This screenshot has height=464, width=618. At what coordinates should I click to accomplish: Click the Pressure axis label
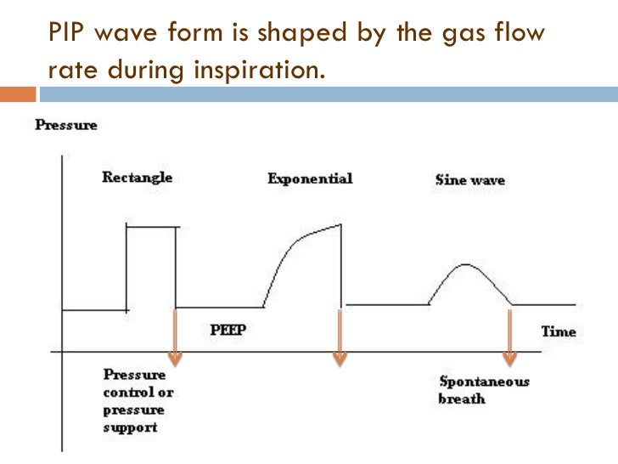(x=65, y=125)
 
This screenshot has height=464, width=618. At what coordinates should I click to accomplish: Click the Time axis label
(x=559, y=331)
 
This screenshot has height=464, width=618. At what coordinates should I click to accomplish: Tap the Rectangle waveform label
(x=137, y=178)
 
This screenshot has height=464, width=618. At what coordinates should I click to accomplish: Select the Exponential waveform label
(x=309, y=179)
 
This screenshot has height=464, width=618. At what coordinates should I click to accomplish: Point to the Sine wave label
(x=469, y=180)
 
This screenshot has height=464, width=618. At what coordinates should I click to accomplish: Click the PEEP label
(x=228, y=330)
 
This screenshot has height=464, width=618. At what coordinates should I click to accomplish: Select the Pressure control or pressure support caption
(x=135, y=400)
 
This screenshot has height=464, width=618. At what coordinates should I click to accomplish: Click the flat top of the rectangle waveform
(x=152, y=226)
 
